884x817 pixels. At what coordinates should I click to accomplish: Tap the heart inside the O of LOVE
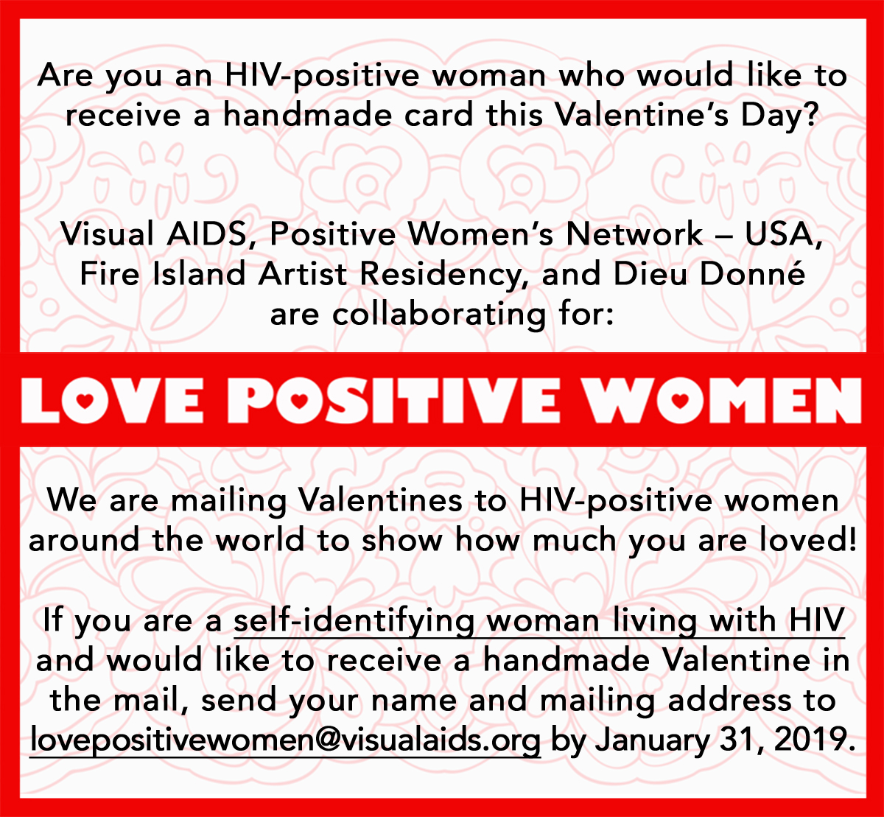click(x=85, y=401)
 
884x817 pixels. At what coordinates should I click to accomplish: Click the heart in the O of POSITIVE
click(x=298, y=401)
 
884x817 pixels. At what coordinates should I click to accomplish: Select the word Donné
click(x=753, y=273)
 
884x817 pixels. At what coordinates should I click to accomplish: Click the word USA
click(x=784, y=234)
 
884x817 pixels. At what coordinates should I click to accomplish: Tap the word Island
click(x=199, y=273)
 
